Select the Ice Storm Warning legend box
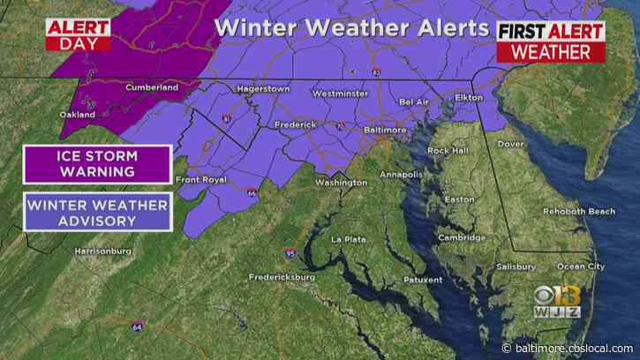(x=97, y=164)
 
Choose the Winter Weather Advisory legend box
(x=97, y=213)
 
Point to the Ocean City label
(x=581, y=266)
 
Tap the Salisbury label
(x=516, y=266)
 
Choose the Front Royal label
(x=202, y=181)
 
